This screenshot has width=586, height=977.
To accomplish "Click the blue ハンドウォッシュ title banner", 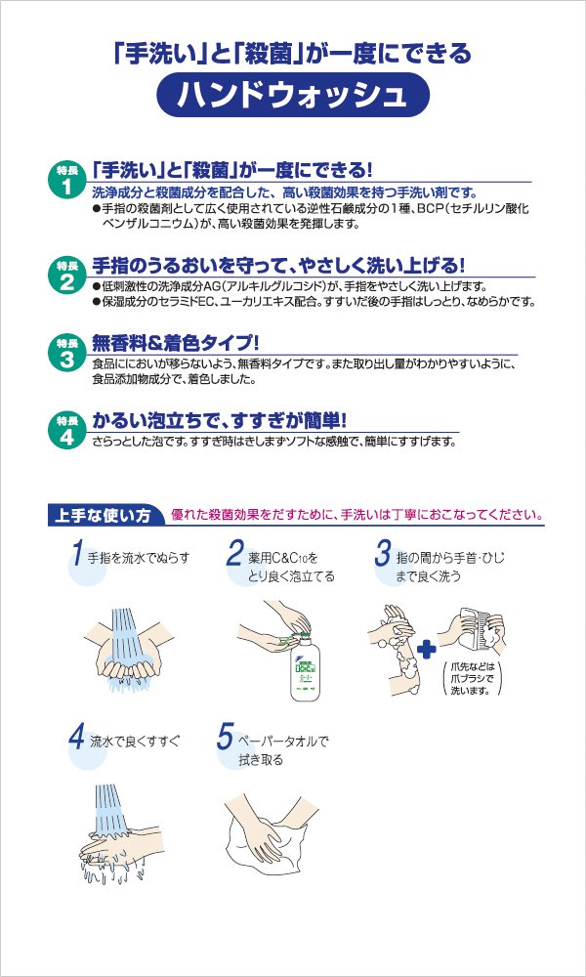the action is pos(293,96).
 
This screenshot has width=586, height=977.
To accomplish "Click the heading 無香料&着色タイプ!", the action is pos(175,343).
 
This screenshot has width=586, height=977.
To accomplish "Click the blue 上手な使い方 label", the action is pos(104,517).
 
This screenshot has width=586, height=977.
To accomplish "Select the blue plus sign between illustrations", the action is pos(427,651).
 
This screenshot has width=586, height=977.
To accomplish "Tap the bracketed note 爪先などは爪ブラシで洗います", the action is pos(471,678).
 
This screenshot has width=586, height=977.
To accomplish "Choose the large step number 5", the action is pos(225,738).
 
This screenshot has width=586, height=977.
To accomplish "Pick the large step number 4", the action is pos(76,738).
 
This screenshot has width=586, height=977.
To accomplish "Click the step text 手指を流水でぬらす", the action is pos(139,557).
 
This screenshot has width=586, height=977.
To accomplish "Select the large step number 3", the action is pos(382,552).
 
